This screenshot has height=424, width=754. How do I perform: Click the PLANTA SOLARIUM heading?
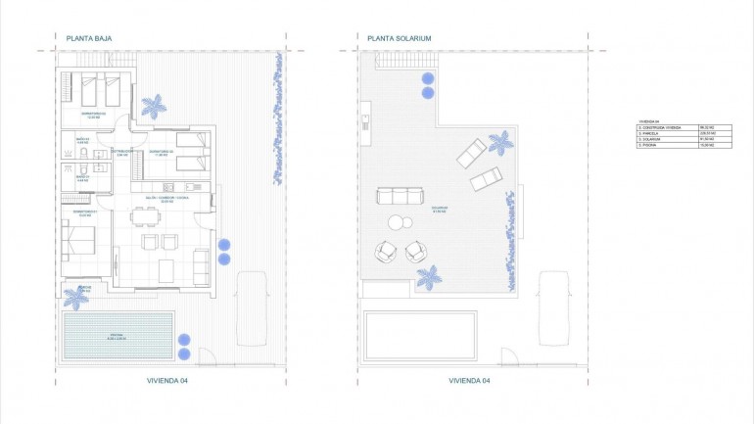(x=399, y=39)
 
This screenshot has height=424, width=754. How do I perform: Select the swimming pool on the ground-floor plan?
(x=118, y=335)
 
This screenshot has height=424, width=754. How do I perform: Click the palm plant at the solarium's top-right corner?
(x=500, y=142)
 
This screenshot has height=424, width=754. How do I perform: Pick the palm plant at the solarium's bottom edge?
(x=427, y=276)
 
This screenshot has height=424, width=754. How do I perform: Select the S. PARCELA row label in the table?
(x=648, y=134)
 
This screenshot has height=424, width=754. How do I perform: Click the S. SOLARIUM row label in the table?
(x=649, y=140)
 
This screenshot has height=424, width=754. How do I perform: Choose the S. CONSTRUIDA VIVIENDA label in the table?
(x=658, y=127)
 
